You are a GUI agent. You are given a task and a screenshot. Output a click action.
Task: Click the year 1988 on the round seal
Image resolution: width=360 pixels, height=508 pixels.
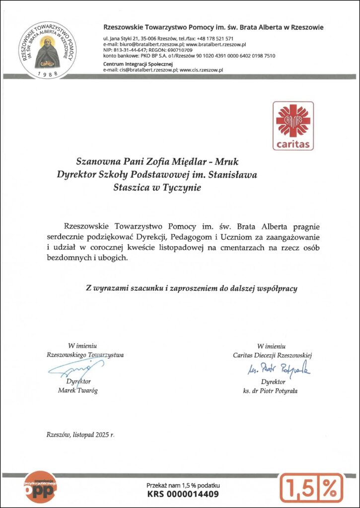[x=48, y=73]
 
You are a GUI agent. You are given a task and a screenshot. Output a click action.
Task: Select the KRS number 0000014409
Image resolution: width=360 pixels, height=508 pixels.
[x=183, y=494]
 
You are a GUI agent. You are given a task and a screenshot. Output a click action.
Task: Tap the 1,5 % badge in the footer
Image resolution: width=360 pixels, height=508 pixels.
[x=311, y=488]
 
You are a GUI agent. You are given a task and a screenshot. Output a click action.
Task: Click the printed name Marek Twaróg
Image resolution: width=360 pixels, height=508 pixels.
[x=78, y=390]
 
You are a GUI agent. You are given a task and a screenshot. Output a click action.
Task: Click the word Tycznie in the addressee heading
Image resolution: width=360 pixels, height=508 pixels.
[x=180, y=188]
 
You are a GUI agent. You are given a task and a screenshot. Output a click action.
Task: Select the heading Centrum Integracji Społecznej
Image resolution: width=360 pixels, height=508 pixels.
[x=138, y=64]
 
